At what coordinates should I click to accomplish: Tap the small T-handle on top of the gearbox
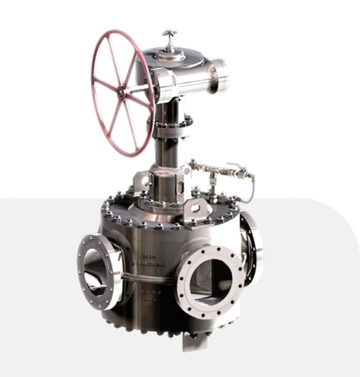point(169,34)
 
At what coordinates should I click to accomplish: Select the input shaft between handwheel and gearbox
point(141,89)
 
